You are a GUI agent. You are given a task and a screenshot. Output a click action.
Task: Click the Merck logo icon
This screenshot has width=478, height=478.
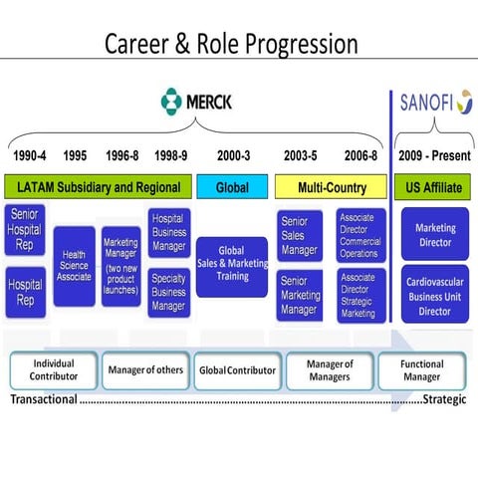[173, 101]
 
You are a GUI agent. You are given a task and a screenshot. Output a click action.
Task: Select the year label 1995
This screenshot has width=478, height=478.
[75, 155]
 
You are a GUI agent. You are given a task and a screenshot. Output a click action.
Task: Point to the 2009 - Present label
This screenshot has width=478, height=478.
[434, 155]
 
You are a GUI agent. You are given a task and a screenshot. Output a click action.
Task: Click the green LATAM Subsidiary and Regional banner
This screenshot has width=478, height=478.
[97, 186]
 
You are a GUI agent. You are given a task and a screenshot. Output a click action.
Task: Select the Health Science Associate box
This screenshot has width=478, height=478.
[75, 266]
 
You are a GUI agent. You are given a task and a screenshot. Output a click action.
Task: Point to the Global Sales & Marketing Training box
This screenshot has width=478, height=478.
[231, 266]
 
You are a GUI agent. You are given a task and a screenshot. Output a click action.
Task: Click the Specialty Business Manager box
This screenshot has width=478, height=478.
[168, 293]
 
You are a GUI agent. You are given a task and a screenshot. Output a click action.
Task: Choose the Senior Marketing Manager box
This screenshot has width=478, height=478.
[299, 296]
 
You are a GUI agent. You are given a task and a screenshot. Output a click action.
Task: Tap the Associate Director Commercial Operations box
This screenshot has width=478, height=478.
[360, 234]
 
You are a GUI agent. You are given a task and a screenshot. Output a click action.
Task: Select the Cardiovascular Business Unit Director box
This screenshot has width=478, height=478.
[434, 295]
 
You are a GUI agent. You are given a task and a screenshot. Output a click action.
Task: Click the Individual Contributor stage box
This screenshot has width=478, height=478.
[53, 370]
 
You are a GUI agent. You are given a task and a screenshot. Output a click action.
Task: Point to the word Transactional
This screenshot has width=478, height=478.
[44, 400]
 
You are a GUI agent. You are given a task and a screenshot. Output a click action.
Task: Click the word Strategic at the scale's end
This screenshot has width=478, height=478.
[446, 400]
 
